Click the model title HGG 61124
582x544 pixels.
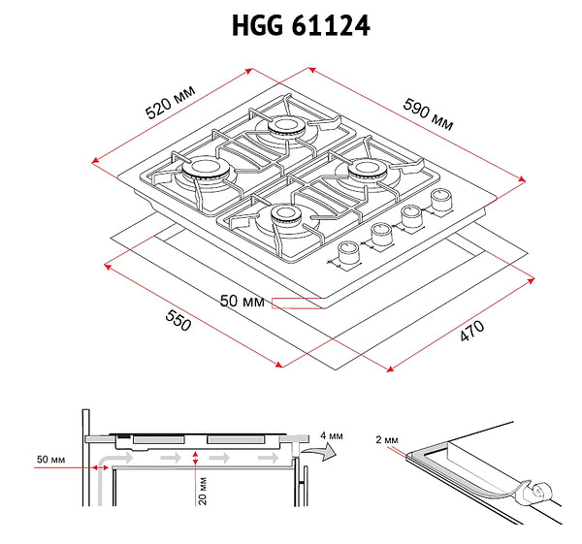[300, 26]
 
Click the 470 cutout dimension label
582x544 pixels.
[470, 334]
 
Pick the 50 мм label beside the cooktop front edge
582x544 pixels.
[242, 302]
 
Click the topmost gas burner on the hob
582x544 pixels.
[288, 127]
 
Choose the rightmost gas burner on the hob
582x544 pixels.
[369, 171]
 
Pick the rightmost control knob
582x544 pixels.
[442, 199]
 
